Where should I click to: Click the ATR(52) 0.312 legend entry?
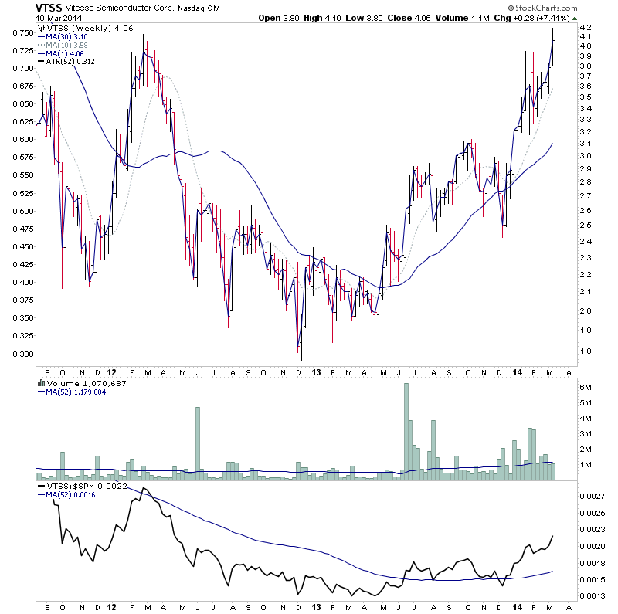click(x=75, y=61)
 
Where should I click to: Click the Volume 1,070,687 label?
click(x=82, y=382)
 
